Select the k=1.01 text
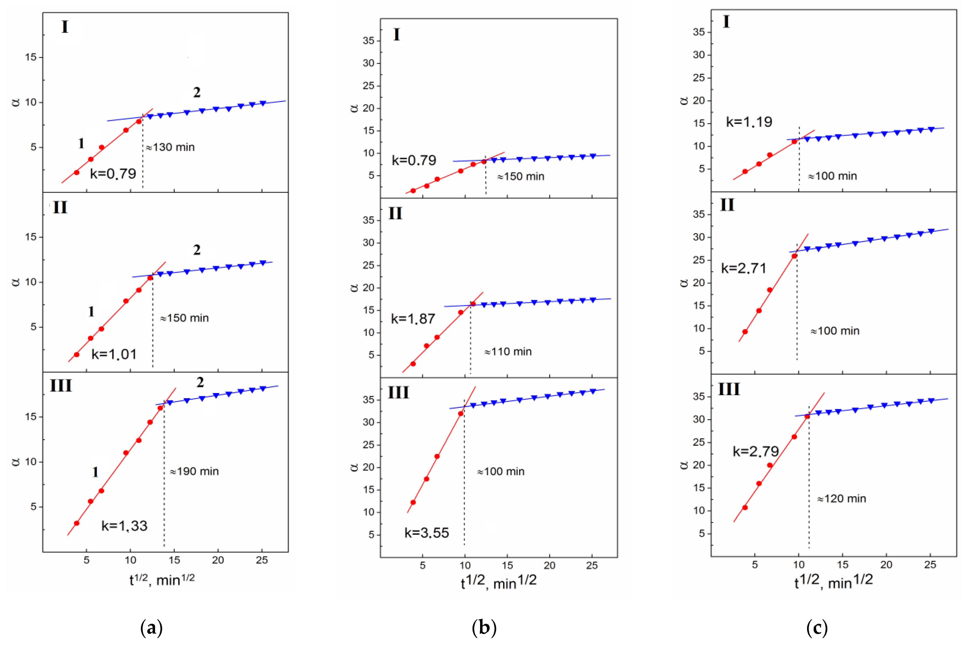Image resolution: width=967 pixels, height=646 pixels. click(x=114, y=354)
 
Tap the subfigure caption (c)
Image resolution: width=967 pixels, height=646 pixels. click(x=817, y=627)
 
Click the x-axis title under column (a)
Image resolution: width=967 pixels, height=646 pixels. click(x=162, y=579)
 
